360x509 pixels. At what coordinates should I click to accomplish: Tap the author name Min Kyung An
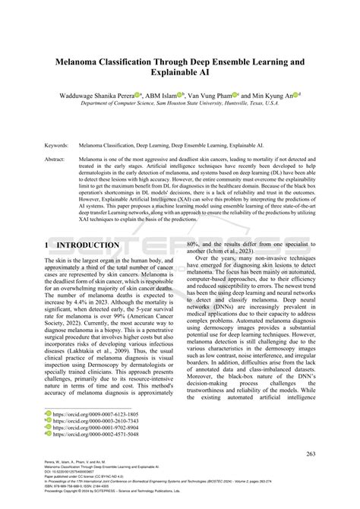coord(274,96)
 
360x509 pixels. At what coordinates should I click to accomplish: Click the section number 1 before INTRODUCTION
coord(48,245)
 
